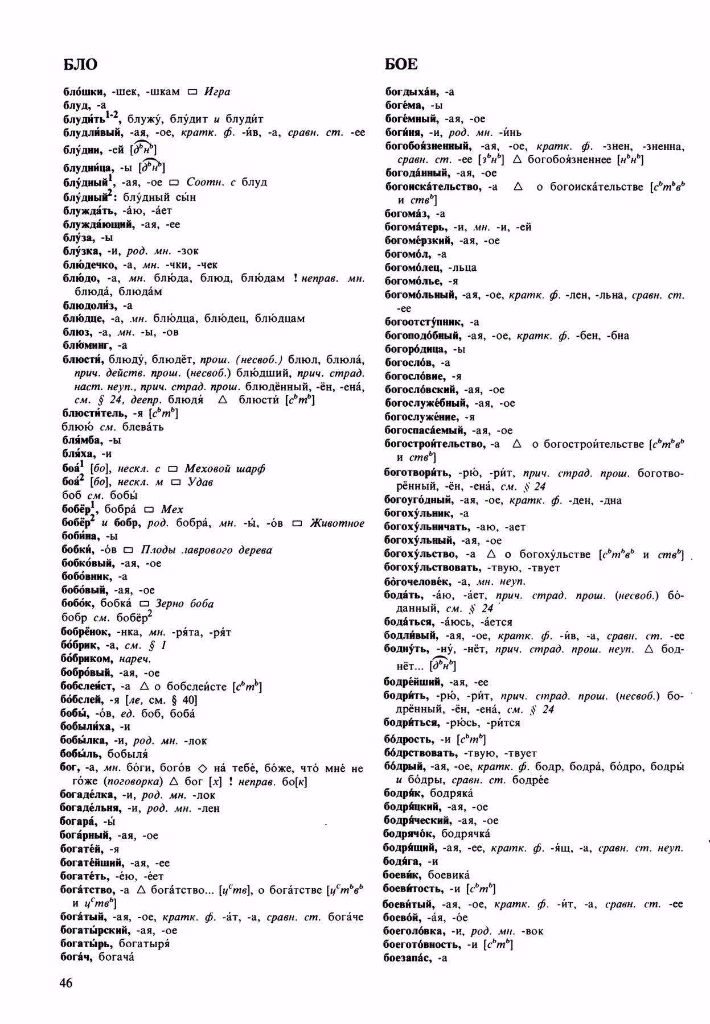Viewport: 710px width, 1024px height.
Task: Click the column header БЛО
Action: pyautogui.click(x=80, y=64)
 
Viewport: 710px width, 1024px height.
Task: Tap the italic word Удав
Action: pyautogui.click(x=200, y=482)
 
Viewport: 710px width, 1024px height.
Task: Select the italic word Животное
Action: pyautogui.click(x=336, y=523)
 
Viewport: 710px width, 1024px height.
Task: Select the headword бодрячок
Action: pyautogui.click(x=409, y=833)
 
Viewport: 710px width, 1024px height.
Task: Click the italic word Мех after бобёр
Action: pyautogui.click(x=172, y=509)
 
